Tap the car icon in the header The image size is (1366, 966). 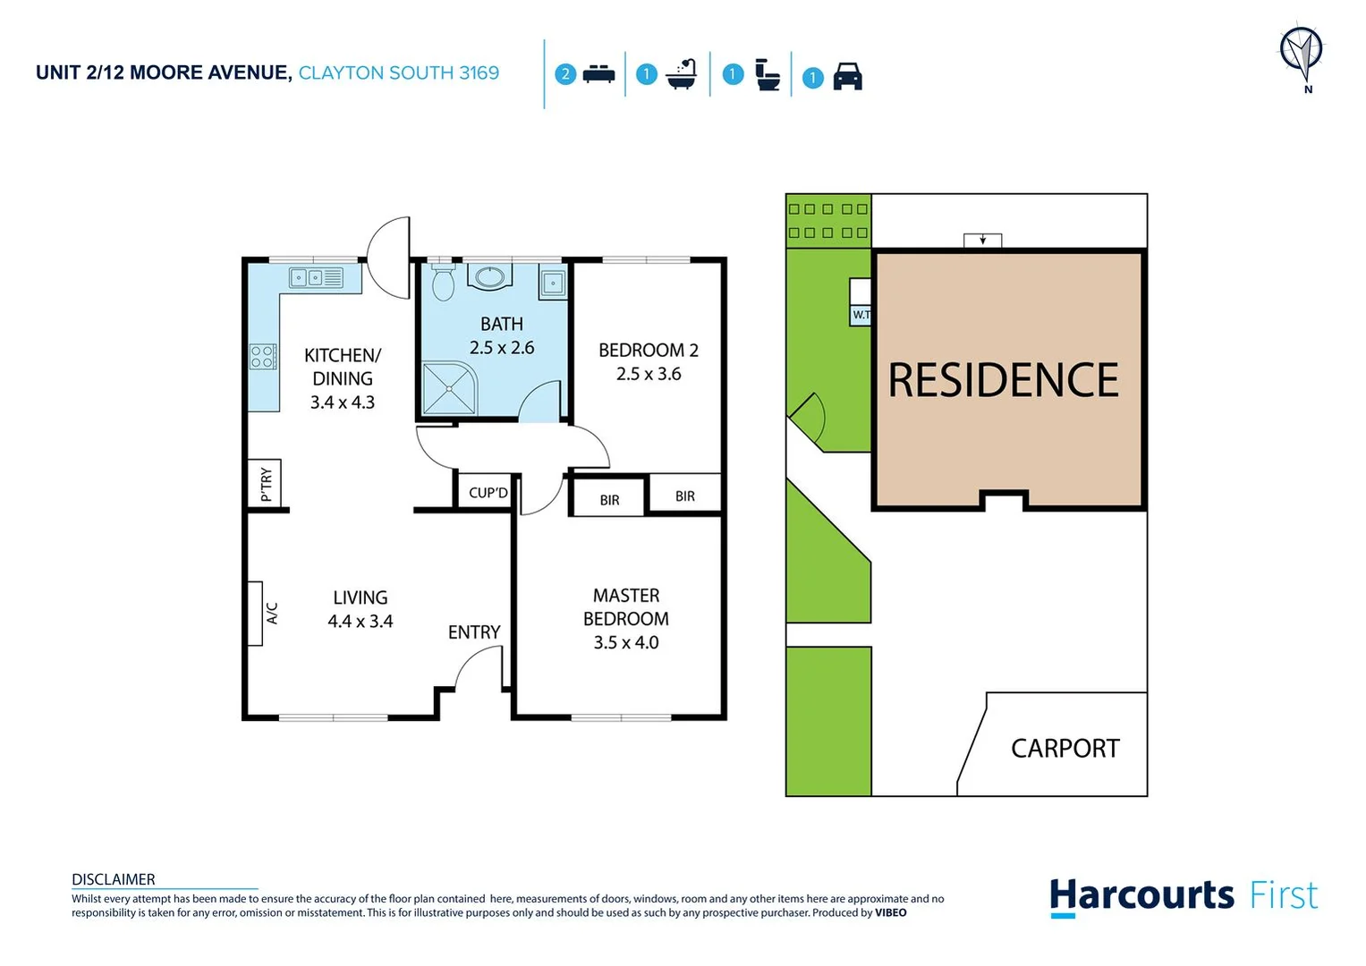[847, 77]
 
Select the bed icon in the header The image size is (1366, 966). [598, 75]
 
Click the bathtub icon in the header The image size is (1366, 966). [682, 74]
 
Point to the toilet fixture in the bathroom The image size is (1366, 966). [443, 282]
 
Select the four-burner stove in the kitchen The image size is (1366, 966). [262, 357]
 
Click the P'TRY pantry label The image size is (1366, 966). [266, 484]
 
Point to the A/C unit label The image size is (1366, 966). [272, 613]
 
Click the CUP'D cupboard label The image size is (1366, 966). [488, 493]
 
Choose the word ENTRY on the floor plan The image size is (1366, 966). [474, 632]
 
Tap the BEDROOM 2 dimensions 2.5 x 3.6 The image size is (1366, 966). [649, 374]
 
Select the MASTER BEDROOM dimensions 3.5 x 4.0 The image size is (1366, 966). [625, 642]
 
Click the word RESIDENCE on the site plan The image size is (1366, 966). [1003, 380]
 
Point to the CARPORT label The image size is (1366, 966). [1065, 748]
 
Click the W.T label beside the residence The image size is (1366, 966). [861, 315]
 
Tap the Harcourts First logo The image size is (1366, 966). [1183, 895]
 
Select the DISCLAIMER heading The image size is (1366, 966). [114, 879]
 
